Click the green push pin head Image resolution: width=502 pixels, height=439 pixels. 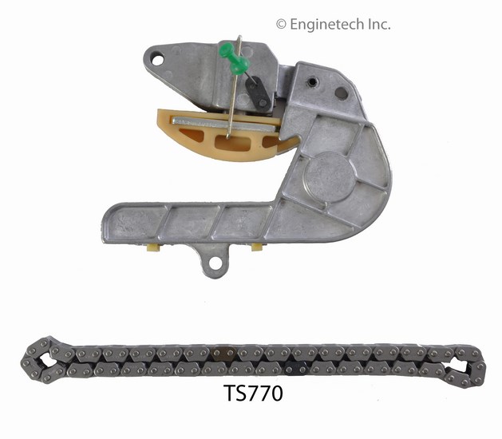(235, 57)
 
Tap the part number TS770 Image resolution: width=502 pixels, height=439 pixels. (253, 394)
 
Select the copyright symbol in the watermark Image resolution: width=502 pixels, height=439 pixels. (281, 24)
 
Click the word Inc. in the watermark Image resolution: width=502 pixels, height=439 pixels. (379, 24)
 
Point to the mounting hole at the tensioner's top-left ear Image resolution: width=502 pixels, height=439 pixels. (157, 60)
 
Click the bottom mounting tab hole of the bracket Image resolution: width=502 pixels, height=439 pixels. (215, 263)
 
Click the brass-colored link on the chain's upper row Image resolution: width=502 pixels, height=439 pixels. (223, 353)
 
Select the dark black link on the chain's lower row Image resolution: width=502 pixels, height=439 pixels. (296, 370)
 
